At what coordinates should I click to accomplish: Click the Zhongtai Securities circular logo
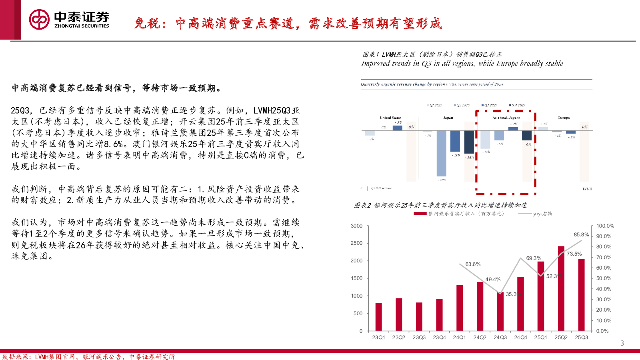pyautogui.click(x=39, y=20)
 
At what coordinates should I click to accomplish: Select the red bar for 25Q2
pyautogui.click(x=561, y=288)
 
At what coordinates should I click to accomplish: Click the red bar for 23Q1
pyautogui.click(x=378, y=316)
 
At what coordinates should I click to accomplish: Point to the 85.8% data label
pyautogui.click(x=581, y=235)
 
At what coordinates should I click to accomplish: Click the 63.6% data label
pyautogui.click(x=473, y=264)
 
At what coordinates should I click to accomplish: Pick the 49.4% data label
pyautogui.click(x=493, y=280)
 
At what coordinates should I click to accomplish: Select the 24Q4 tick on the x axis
pyautogui.click(x=520, y=338)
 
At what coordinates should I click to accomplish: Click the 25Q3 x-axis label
pyautogui.click(x=581, y=338)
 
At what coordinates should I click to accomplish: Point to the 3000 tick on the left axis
pyautogui.click(x=356, y=226)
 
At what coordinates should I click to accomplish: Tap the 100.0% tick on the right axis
pyautogui.click(x=605, y=226)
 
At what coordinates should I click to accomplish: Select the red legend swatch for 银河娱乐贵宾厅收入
pyautogui.click(x=420, y=214)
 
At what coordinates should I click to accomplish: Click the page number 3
pyautogui.click(x=622, y=343)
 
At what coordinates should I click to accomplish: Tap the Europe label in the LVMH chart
pyautogui.click(x=564, y=118)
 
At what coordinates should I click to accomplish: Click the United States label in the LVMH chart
pyautogui.click(x=390, y=118)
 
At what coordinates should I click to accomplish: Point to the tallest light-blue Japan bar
pyautogui.click(x=441, y=153)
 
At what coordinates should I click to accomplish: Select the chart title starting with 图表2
pyautogui.click(x=440, y=205)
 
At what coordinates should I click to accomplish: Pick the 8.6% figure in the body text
pyautogui.click(x=113, y=144)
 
